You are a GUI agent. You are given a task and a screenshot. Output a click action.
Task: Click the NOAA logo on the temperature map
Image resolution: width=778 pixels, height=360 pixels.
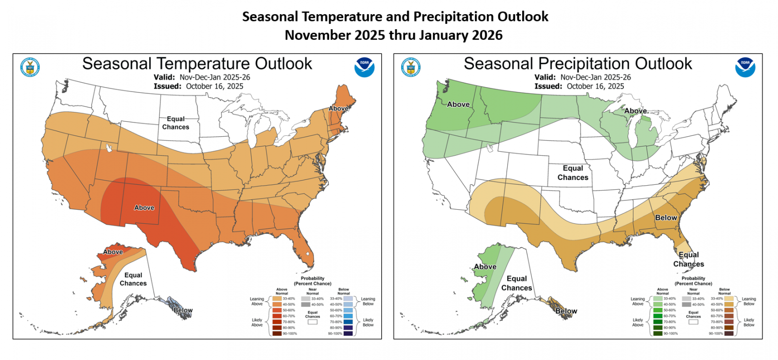click(364, 67)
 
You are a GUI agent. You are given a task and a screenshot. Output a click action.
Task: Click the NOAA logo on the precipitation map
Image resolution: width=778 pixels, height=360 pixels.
click(745, 67)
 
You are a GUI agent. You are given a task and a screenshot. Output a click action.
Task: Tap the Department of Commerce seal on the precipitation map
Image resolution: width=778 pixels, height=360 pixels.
click(411, 67)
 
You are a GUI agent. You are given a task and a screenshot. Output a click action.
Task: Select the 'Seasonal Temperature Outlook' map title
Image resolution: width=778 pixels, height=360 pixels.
click(197, 64)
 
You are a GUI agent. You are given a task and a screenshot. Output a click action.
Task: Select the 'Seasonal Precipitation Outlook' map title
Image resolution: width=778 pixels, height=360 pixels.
click(578, 64)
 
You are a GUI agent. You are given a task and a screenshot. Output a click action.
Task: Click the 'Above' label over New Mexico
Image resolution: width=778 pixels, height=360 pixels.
click(144, 208)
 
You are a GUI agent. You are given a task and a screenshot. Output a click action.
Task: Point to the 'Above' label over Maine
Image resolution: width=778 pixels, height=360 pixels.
click(338, 108)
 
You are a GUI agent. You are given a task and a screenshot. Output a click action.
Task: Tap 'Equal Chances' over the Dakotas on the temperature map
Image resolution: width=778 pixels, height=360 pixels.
click(176, 123)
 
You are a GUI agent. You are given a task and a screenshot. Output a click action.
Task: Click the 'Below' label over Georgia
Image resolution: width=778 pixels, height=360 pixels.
click(666, 218)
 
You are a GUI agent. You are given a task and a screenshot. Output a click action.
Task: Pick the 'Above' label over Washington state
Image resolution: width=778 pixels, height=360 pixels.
click(458, 105)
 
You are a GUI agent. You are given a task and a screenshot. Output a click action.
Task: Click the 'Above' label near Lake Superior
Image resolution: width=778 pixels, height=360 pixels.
click(636, 111)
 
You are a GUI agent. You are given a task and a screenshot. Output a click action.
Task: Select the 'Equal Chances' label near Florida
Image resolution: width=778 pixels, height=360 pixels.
click(689, 259)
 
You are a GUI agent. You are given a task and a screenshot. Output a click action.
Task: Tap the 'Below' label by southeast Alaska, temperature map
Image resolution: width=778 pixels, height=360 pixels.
click(183, 310)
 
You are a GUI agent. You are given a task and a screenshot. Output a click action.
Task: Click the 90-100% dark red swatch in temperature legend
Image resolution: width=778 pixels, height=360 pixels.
click(277, 333)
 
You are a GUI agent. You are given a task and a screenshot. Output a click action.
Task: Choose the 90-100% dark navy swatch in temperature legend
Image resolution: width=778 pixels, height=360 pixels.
click(348, 333)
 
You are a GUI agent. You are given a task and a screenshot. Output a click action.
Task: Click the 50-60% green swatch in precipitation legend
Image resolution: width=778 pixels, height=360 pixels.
click(657, 310)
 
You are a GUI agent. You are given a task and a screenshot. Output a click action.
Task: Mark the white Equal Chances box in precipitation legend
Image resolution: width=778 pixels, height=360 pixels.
click(693, 322)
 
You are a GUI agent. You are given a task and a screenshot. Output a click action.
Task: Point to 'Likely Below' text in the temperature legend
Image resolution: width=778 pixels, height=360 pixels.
click(368, 323)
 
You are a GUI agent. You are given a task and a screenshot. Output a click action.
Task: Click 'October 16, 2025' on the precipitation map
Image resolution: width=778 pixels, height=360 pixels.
click(595, 86)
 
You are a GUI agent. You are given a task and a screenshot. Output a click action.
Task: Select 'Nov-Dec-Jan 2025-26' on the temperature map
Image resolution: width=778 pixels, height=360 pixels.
click(214, 77)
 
